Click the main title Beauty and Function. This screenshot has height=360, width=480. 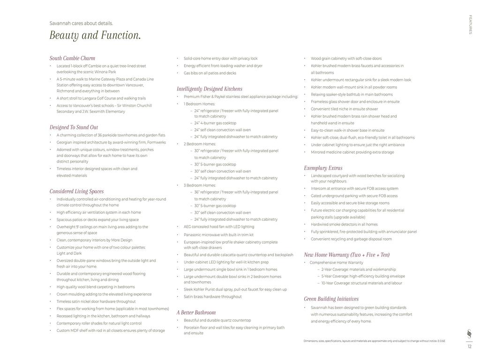tap(95, 36)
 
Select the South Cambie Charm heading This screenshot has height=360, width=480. tap(72, 58)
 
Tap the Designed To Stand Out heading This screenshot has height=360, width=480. tap(74, 127)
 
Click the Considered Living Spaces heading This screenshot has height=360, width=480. tap(76, 191)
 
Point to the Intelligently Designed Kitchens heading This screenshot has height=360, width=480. tap(210, 89)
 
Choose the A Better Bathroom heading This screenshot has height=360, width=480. tap(196, 313)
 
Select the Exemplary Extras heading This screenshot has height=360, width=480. tap(323, 168)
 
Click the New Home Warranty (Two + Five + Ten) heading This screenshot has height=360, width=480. tap(346, 255)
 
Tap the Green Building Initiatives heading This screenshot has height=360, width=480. tap(331, 299)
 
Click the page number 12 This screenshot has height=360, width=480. tap(469, 347)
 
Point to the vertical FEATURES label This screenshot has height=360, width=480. tap(470, 24)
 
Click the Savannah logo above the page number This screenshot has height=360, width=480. tap(469, 334)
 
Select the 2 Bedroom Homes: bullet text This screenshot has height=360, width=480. tap(200, 144)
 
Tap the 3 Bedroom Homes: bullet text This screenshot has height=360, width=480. tap(200, 185)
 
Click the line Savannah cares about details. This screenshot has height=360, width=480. tap(81, 23)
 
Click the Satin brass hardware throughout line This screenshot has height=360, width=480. tap(212, 297)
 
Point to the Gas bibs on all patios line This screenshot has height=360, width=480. tap(210, 73)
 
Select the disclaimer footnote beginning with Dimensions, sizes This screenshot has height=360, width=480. tap(374, 341)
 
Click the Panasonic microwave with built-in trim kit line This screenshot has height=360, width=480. tap(218, 235)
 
